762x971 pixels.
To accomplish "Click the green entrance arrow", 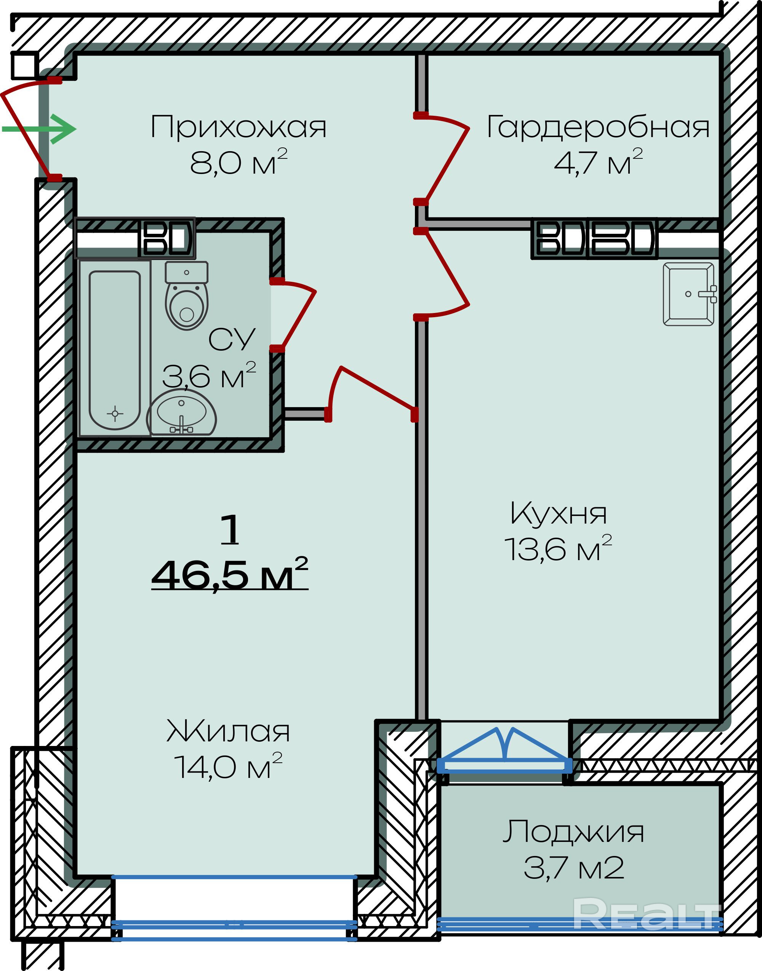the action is [39, 129].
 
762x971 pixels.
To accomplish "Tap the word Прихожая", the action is [239, 127].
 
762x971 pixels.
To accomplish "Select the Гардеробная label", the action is [598, 128].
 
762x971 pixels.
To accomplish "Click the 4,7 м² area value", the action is [598, 161].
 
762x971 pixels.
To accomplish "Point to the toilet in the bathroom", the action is [186, 295].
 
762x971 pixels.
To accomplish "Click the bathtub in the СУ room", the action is [115, 350].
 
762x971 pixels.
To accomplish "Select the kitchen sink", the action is [690, 294].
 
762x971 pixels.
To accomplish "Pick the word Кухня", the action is [558, 514].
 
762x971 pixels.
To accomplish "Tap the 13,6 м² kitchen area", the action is [558, 548].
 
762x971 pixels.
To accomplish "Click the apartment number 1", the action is [230, 529].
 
